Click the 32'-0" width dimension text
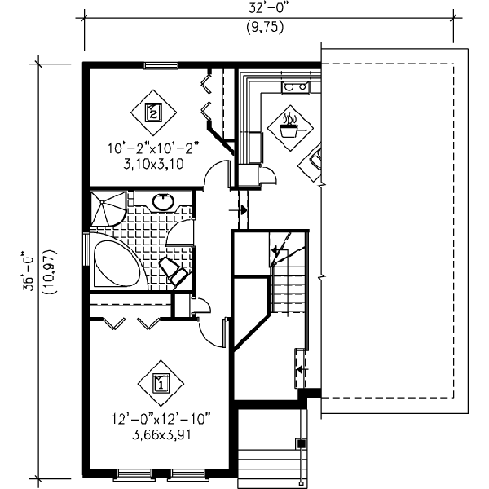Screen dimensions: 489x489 (x=267, y=8)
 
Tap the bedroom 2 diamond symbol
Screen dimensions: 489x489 (x=153, y=112)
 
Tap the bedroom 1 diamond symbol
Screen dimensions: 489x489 (x=161, y=383)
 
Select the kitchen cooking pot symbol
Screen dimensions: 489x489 (x=291, y=128)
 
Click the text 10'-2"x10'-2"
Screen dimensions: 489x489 (x=153, y=148)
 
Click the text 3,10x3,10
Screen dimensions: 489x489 (x=153, y=164)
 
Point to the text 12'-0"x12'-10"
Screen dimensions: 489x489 (x=161, y=419)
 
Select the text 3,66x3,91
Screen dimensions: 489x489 (x=161, y=434)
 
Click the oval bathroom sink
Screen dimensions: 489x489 (x=163, y=202)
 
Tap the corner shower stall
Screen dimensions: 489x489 (x=107, y=209)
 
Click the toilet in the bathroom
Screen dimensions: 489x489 (x=174, y=271)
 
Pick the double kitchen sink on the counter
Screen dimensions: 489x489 (x=295, y=87)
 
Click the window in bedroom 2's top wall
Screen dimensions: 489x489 (x=161, y=65)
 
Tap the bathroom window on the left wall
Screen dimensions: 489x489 (x=86, y=249)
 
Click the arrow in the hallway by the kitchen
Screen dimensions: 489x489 (x=238, y=210)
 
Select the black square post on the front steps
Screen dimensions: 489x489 (x=301, y=443)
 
